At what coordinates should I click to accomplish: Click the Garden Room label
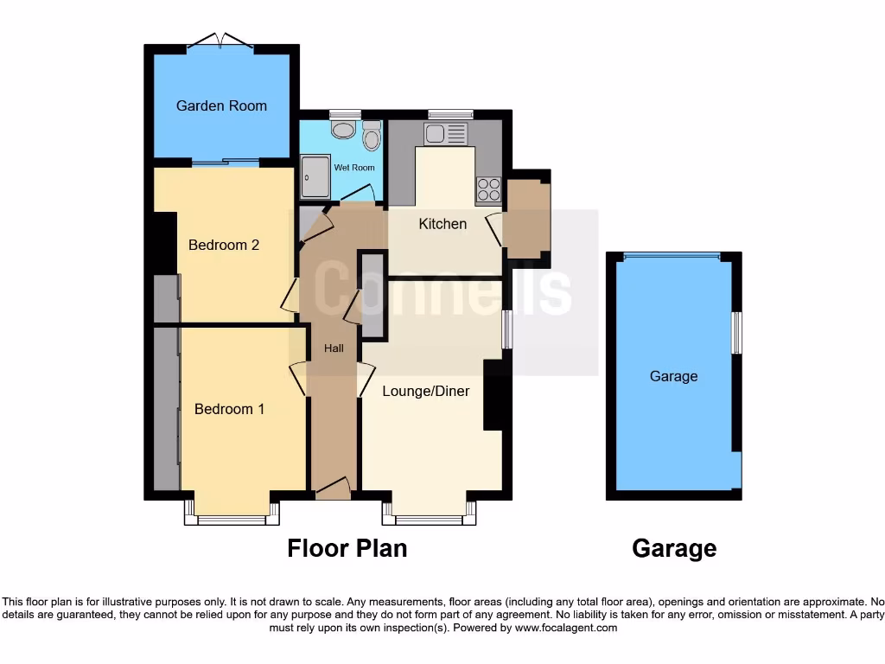point(221,105)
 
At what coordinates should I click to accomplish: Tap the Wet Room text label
point(354,167)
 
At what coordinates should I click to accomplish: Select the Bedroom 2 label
point(224,245)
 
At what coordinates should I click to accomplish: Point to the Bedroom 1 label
point(229,409)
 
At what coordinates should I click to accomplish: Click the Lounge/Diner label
point(426,391)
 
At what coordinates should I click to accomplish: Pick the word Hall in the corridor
point(334,348)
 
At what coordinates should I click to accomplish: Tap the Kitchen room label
point(442,224)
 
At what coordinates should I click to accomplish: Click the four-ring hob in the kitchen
point(488,189)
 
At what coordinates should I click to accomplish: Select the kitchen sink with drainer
point(445,134)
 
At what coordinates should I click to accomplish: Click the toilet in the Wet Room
point(372,135)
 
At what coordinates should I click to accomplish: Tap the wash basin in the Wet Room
point(344,130)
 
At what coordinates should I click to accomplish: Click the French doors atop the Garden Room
point(220,41)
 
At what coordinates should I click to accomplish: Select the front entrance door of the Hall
point(333,490)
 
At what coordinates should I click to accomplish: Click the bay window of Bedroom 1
point(232,516)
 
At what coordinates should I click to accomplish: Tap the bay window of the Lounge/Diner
point(430,516)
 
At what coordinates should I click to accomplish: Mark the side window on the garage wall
point(736,332)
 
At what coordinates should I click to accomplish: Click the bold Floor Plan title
point(347,548)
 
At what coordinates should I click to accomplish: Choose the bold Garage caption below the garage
point(674,548)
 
